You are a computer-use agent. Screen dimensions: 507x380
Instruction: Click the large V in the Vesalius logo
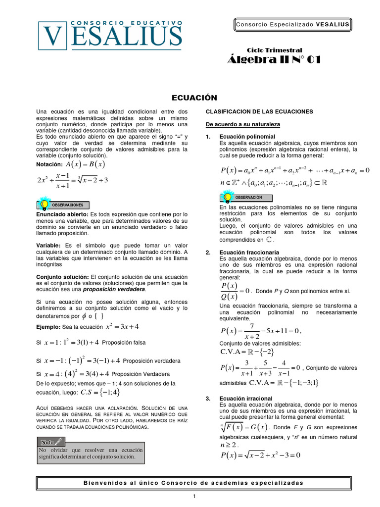pyautogui.click(x=53, y=37)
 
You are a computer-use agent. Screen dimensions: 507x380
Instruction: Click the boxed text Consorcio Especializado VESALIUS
pyautogui.click(x=292, y=24)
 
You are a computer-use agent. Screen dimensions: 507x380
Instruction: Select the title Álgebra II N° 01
pyautogui.click(x=274, y=60)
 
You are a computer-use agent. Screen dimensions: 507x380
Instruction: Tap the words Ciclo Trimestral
pyautogui.click(x=274, y=51)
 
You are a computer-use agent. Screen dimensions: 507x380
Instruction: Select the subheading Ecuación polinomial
pyautogui.click(x=247, y=137)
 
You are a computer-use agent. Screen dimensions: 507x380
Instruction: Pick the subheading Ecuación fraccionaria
pyautogui.click(x=249, y=253)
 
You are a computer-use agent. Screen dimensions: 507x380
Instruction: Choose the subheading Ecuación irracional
pyautogui.click(x=246, y=398)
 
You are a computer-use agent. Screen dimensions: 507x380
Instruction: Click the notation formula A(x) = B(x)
pyautogui.click(x=85, y=164)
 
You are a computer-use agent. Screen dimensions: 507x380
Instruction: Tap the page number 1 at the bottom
pyautogui.click(x=194, y=497)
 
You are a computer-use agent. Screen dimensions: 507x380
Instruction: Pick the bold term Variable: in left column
pyautogui.click(x=48, y=246)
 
